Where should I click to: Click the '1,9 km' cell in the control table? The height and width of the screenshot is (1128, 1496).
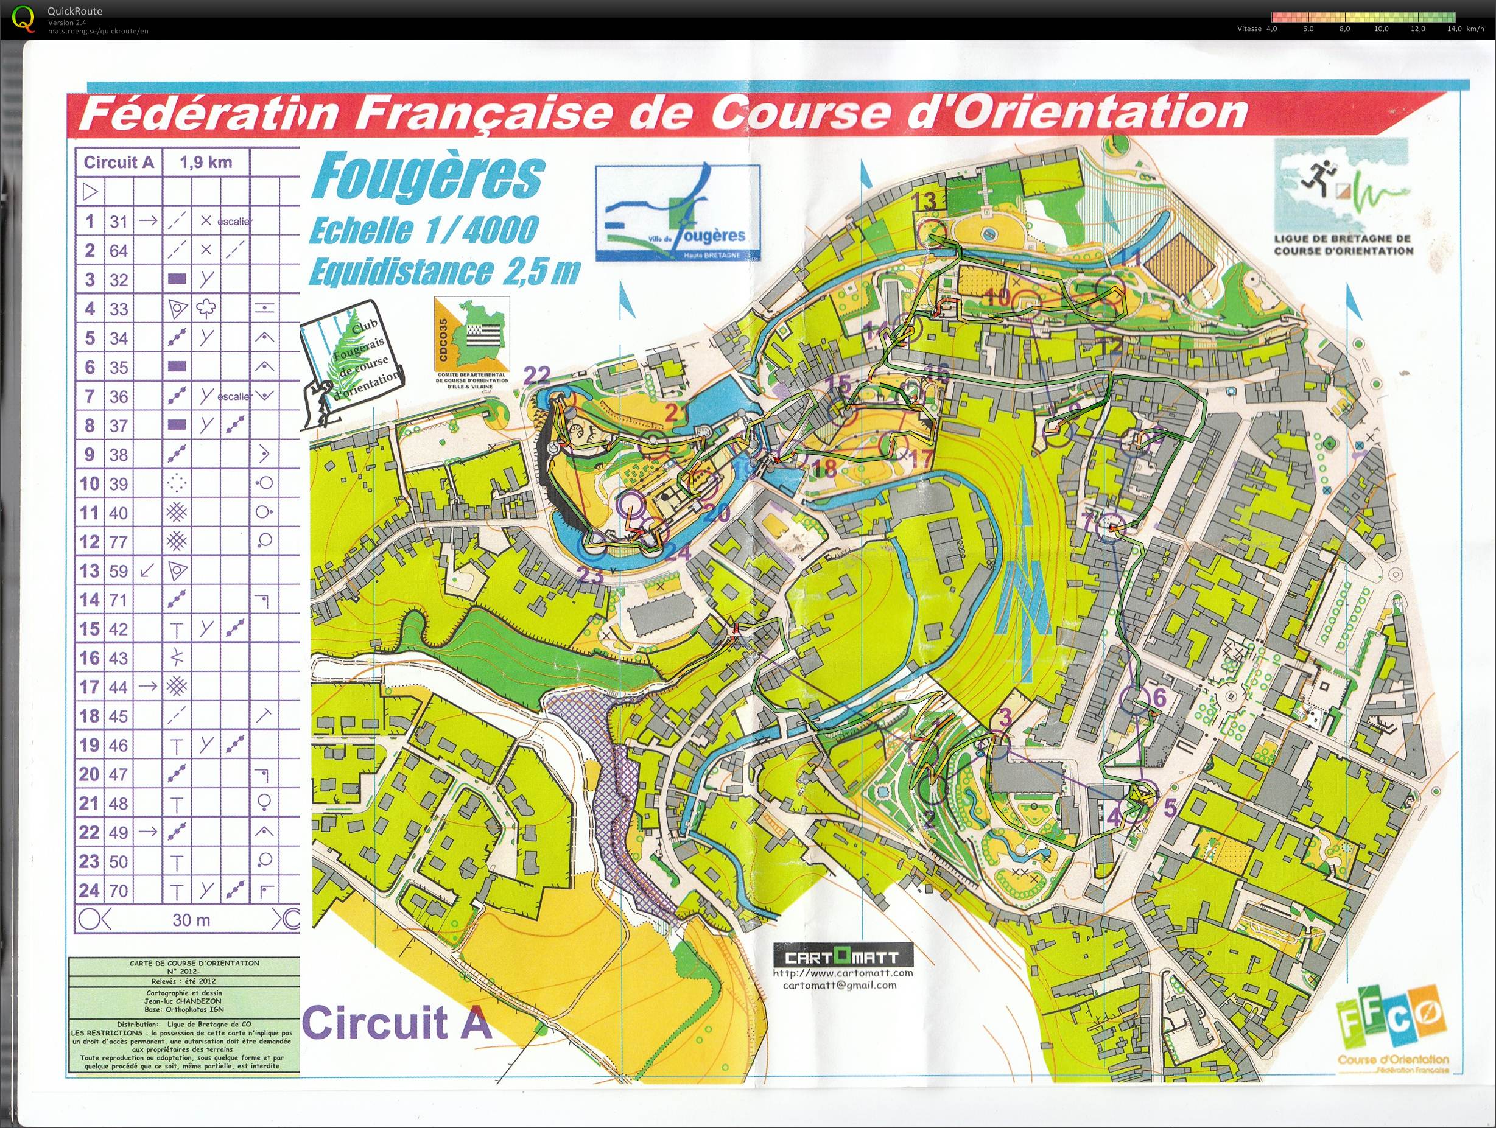click(x=206, y=163)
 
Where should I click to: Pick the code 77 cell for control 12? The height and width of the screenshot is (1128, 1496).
click(x=118, y=542)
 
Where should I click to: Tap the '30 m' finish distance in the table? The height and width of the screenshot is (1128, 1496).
click(x=191, y=920)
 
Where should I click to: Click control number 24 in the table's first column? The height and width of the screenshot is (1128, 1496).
click(x=90, y=890)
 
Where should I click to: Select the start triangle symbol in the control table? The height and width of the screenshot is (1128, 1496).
click(x=90, y=192)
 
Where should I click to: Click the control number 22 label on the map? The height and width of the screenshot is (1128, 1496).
click(x=538, y=374)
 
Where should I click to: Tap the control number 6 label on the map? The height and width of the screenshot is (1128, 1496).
click(x=1159, y=697)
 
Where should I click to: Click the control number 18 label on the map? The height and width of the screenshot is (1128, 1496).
click(x=826, y=468)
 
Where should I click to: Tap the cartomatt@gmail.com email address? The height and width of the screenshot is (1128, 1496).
click(x=840, y=1004)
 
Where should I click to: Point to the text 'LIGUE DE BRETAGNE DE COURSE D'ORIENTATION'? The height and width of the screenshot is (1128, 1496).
click(x=1343, y=244)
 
